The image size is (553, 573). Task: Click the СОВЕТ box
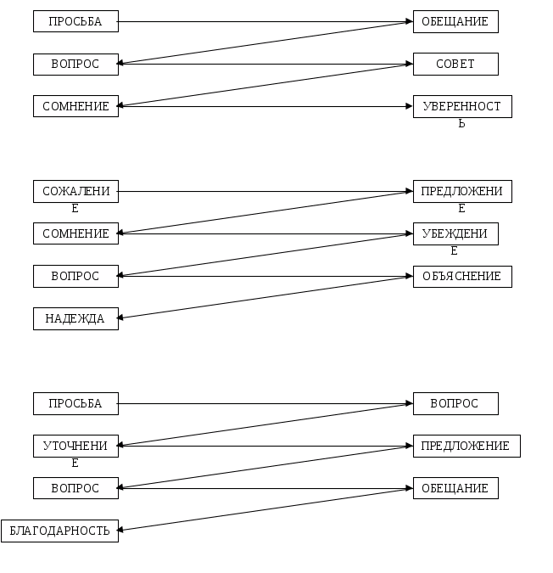point(455,65)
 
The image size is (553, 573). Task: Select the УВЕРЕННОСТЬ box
point(462,107)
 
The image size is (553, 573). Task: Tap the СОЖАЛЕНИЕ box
point(75,192)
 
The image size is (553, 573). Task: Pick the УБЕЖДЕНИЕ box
point(455,234)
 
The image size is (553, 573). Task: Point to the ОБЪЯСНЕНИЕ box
point(462,277)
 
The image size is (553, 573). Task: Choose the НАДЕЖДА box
point(75,319)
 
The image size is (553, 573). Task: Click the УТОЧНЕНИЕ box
point(75,447)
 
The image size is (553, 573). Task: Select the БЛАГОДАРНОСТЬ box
point(59,531)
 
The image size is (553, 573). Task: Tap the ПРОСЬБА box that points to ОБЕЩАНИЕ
point(75,22)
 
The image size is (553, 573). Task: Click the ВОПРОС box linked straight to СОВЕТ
point(75,65)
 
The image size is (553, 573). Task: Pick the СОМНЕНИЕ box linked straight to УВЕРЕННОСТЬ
point(75,107)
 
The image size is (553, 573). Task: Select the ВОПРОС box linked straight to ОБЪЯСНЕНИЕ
point(75,277)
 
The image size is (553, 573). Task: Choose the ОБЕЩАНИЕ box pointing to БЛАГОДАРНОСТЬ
point(455,489)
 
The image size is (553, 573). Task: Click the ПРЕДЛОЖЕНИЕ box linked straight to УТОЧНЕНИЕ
point(466,447)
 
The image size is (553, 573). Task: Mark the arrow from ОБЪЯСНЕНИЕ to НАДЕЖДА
point(265,298)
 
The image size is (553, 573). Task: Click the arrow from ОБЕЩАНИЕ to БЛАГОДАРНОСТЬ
point(265,510)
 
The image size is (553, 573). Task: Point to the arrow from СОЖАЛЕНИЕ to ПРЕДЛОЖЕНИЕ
point(265,192)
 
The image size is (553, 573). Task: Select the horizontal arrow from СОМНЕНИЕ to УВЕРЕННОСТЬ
point(265,107)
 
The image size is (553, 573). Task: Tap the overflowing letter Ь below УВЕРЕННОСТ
point(461,124)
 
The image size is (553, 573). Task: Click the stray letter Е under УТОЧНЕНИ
point(75,463)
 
